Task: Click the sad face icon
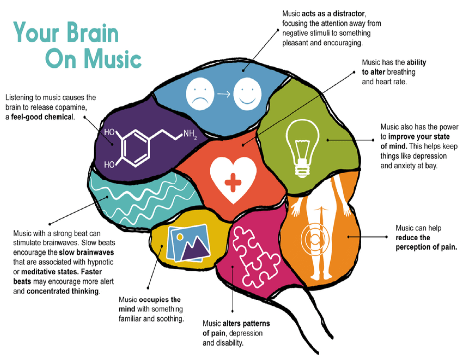[200, 94]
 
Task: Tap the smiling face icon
[247, 94]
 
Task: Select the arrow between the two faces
[224, 94]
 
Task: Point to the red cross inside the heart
[233, 182]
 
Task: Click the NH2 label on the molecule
[190, 134]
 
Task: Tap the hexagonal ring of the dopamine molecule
[135, 147]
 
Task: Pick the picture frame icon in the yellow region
[188, 243]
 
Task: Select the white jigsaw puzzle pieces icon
[256, 256]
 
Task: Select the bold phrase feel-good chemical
[42, 117]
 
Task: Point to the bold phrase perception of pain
[426, 247]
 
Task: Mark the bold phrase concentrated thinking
[62, 291]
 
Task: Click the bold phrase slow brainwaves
[86, 252]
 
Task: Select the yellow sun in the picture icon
[180, 237]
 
